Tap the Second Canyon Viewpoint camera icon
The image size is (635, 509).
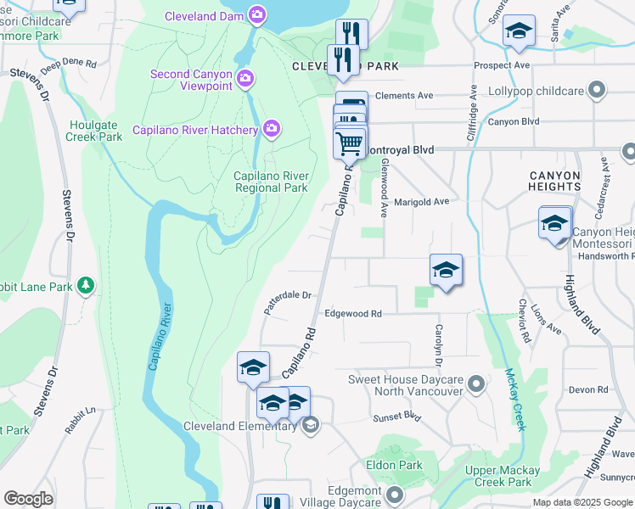pyautogui.click(x=245, y=80)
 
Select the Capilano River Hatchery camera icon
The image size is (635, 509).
pyautogui.click(x=272, y=129)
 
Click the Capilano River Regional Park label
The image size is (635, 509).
pyautogui.click(x=271, y=182)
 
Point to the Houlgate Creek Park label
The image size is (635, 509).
pyautogui.click(x=95, y=131)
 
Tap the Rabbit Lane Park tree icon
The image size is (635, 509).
pyautogui.click(x=85, y=286)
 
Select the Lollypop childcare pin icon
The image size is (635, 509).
pyautogui.click(x=597, y=90)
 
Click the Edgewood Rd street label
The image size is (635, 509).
pyautogui.click(x=352, y=313)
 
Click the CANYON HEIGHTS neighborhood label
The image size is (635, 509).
pyautogui.click(x=554, y=182)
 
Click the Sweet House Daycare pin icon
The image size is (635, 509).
pyautogui.click(x=476, y=385)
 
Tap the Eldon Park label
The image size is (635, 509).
pyautogui.click(x=394, y=465)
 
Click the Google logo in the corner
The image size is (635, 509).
pyautogui.click(x=28, y=499)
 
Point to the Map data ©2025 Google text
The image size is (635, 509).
pyautogui.click(x=582, y=502)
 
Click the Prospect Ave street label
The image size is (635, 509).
pyautogui.click(x=502, y=64)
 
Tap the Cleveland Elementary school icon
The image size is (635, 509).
pyautogui.click(x=311, y=426)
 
